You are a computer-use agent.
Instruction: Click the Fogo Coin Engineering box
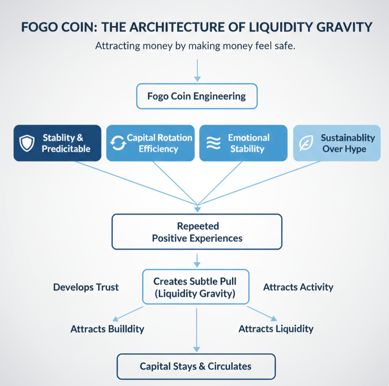[x=197, y=96]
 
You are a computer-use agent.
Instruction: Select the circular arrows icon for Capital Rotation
[x=118, y=144]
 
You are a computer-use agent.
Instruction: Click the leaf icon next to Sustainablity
[x=305, y=144]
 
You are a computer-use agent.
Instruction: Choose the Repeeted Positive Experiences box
[x=197, y=231]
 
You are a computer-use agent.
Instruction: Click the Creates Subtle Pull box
[x=195, y=287]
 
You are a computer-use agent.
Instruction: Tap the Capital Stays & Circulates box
[x=196, y=366]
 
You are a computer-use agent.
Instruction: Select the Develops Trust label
[x=86, y=287]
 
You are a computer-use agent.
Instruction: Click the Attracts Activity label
[x=298, y=287]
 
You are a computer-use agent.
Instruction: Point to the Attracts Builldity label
[x=107, y=329]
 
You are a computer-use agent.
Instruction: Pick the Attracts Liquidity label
[x=276, y=329]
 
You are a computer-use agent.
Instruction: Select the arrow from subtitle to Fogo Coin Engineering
[x=197, y=70]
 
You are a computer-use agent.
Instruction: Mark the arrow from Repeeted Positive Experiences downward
[x=197, y=259]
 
